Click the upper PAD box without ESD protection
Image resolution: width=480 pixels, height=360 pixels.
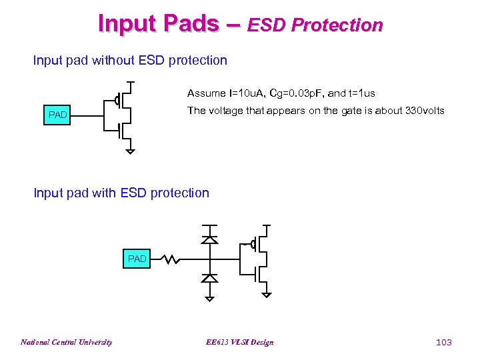58,115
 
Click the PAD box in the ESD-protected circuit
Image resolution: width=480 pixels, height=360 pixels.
137,259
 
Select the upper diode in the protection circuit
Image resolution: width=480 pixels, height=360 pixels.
209,238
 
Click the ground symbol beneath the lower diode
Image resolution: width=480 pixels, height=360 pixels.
209,297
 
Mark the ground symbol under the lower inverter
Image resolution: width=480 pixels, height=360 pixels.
266,294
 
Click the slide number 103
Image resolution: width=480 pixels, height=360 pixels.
443,342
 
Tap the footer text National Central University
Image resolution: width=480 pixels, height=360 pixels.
66,342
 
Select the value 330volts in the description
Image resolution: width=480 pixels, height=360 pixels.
425,111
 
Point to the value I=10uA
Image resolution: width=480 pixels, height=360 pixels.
246,93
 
